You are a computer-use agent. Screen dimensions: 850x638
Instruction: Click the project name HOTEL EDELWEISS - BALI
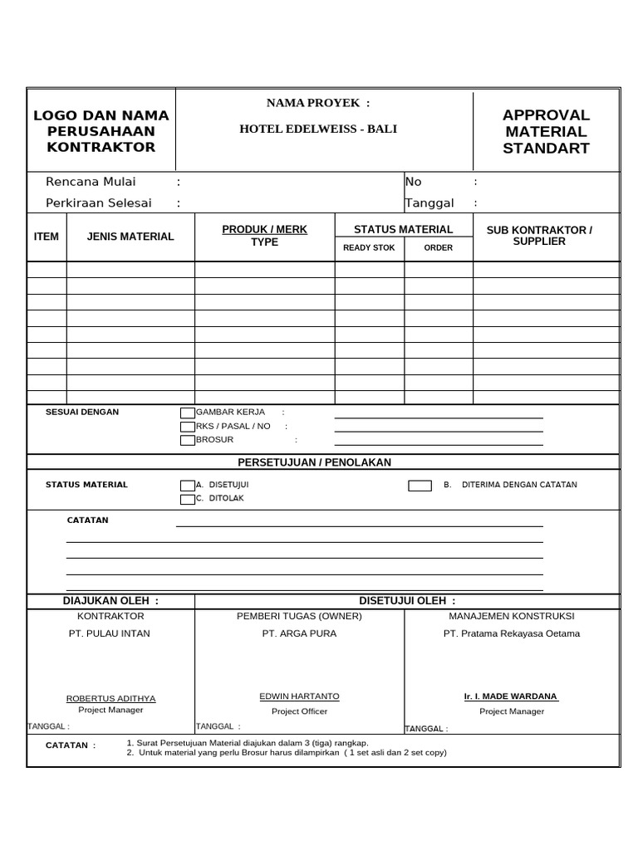tap(318, 129)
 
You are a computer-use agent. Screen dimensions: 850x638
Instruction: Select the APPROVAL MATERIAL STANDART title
tap(546, 132)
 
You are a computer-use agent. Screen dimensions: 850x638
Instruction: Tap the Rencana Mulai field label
tap(91, 182)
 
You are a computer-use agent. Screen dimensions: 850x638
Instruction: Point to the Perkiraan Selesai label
tap(99, 203)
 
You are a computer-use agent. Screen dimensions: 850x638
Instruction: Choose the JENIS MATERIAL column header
tap(130, 237)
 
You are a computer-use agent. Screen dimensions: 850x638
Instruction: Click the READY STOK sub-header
tap(369, 247)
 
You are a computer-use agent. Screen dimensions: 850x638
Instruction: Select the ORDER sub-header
tap(439, 247)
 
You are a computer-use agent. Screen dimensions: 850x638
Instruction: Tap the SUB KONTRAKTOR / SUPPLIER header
tap(546, 236)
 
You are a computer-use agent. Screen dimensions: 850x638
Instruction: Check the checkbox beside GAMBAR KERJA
tap(187, 413)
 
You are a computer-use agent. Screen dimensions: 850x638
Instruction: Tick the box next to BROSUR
tap(187, 440)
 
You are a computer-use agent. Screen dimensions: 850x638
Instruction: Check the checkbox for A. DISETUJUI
tap(187, 485)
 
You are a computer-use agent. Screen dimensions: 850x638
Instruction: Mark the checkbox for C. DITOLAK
tap(187, 499)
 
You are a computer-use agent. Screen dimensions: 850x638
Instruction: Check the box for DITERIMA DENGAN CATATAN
tap(420, 485)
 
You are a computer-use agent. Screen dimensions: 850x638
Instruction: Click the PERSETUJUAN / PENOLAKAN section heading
tap(314, 462)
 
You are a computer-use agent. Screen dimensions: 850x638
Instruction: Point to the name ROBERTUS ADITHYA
tap(110, 698)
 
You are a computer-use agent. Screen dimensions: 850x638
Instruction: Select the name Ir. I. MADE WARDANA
tap(511, 696)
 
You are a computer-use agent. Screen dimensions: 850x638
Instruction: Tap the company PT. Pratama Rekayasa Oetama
tap(511, 633)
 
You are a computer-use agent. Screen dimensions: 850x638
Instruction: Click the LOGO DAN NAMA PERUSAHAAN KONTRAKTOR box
tap(101, 131)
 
